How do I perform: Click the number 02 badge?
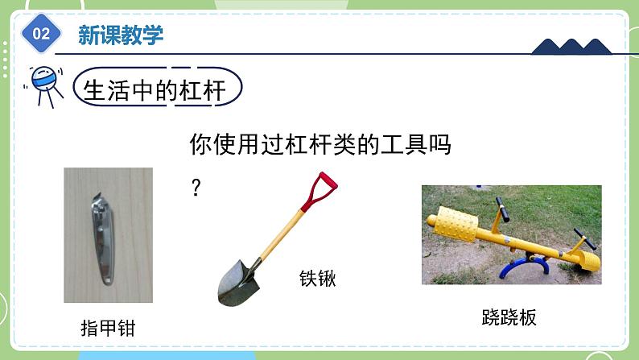coord(42,33)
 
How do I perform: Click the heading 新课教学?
coord(121,34)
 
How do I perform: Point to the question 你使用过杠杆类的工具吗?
coord(319,145)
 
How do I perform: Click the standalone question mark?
coord(196,189)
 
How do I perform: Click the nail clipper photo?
coord(108,234)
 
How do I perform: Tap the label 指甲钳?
coord(108,329)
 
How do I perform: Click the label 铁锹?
coord(317,279)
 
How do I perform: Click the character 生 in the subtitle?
coord(96,90)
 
